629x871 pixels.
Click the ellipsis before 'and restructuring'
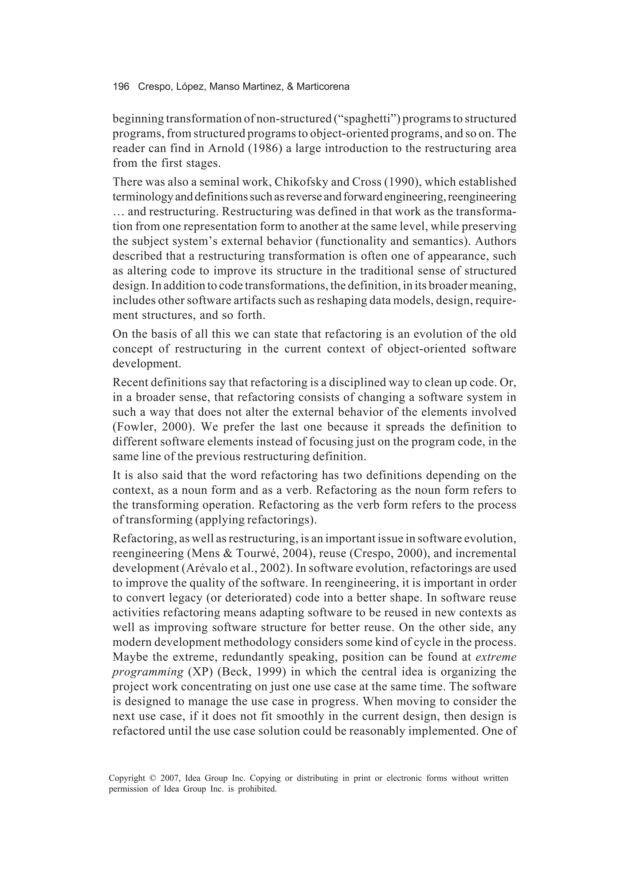(x=118, y=212)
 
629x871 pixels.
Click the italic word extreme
(x=496, y=657)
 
